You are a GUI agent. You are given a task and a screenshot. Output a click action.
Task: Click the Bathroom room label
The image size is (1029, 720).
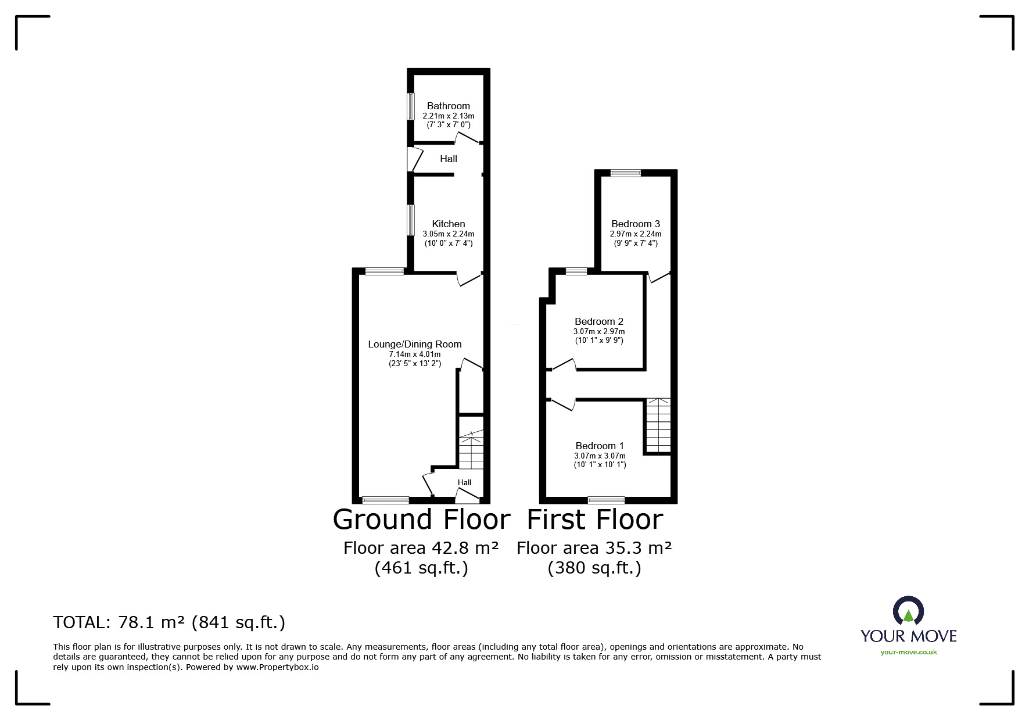click(x=448, y=106)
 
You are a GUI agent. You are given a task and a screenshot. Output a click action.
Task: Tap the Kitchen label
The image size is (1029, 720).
click(x=449, y=224)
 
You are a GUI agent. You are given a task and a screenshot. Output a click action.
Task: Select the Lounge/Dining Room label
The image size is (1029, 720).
click(x=415, y=344)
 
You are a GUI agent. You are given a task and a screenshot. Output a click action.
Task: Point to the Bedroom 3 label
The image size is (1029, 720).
click(x=636, y=224)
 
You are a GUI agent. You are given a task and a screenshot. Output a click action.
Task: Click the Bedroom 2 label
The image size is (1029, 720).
click(x=599, y=321)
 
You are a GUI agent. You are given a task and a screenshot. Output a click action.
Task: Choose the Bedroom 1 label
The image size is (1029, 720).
click(x=600, y=446)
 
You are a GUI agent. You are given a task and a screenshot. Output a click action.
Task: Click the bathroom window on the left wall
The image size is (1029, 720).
click(x=410, y=106)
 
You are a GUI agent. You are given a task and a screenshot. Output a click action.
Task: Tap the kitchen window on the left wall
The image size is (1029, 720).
click(x=410, y=220)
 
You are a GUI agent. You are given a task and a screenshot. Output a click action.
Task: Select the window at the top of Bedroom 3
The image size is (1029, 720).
click(x=626, y=172)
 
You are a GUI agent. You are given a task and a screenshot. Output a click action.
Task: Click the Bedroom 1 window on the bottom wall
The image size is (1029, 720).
click(x=607, y=500)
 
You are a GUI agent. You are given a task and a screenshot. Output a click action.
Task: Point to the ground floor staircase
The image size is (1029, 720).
click(x=471, y=450)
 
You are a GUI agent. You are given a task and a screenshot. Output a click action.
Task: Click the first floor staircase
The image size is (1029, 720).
click(x=658, y=425)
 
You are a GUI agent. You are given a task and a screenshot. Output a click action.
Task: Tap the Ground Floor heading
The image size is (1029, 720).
click(x=421, y=519)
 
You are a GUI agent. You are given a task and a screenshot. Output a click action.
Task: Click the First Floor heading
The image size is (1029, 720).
click(x=594, y=519)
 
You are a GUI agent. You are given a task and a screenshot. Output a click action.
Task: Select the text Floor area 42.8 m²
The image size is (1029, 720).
click(x=421, y=548)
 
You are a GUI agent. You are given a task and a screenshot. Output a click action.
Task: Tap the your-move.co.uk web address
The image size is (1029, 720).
click(x=909, y=652)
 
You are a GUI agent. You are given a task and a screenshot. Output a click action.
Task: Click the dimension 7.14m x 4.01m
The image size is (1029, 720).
click(x=415, y=354)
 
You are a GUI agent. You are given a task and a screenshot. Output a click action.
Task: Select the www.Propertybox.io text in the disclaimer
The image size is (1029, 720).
click(x=277, y=667)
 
